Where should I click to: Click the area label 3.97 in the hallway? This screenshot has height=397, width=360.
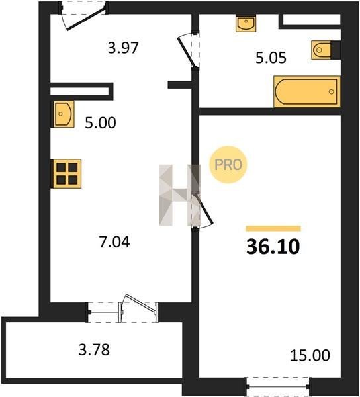(x=123, y=48)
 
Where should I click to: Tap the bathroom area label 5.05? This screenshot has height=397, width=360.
(x=271, y=58)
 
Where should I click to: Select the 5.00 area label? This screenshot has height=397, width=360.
(x=100, y=123)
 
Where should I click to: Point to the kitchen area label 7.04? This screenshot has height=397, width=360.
(x=114, y=242)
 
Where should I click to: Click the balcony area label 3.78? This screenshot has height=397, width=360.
(x=94, y=349)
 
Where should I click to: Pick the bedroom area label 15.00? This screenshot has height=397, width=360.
(x=310, y=355)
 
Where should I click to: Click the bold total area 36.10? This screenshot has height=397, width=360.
(x=273, y=247)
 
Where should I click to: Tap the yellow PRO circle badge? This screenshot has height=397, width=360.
(x=228, y=165)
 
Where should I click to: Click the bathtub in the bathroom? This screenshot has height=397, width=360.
(x=307, y=91)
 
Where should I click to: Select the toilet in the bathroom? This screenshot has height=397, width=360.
(x=321, y=50)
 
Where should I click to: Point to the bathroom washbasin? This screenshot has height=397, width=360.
(x=246, y=23)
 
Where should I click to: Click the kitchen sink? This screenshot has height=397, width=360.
(x=64, y=114)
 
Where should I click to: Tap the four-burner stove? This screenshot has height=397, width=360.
(x=67, y=173)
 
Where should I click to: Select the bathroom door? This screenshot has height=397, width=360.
(x=189, y=50)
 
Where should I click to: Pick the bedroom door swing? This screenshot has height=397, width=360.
(x=202, y=210)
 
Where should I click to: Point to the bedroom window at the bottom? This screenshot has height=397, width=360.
(x=278, y=386)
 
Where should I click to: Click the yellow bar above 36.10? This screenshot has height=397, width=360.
(x=273, y=228)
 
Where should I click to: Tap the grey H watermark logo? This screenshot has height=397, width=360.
(x=179, y=195)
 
